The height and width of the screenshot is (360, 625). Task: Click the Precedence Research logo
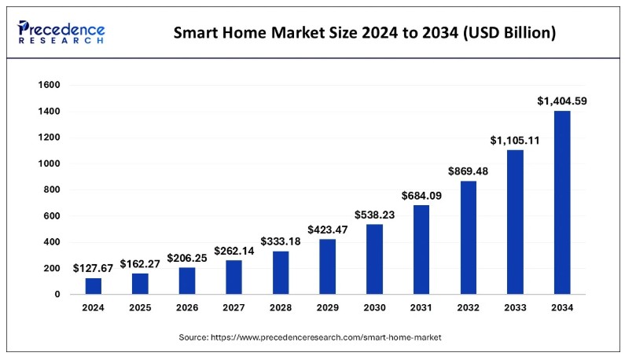pos(61,32)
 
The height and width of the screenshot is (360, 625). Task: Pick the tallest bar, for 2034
pos(561,203)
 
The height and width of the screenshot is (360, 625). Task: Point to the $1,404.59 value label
pos(561,101)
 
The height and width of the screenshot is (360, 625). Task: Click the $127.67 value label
pos(94,267)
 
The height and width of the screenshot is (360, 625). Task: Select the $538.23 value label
pos(374,214)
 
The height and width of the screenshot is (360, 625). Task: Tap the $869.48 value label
pos(468,171)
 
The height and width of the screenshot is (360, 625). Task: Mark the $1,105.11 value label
pos(514,140)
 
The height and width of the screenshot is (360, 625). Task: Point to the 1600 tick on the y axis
pos(50,85)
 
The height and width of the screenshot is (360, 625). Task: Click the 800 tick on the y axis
pos(52,189)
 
